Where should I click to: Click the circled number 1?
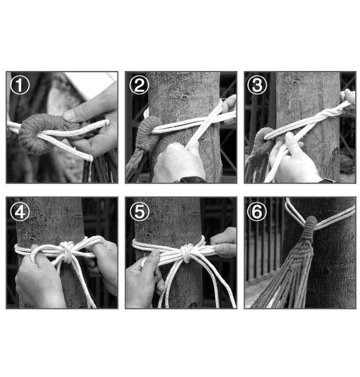click(20, 85)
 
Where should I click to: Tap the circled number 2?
click(140, 85)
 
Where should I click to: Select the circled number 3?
click(257, 85)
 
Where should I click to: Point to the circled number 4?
click(20, 212)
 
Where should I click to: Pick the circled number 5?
click(140, 212)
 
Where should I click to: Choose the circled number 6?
click(257, 212)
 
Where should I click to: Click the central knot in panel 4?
click(67, 252)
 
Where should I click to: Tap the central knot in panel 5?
click(186, 253)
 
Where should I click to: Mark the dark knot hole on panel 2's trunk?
click(184, 98)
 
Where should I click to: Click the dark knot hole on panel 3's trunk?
click(295, 83)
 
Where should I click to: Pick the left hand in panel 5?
click(144, 279)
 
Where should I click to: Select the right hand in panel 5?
click(224, 243)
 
